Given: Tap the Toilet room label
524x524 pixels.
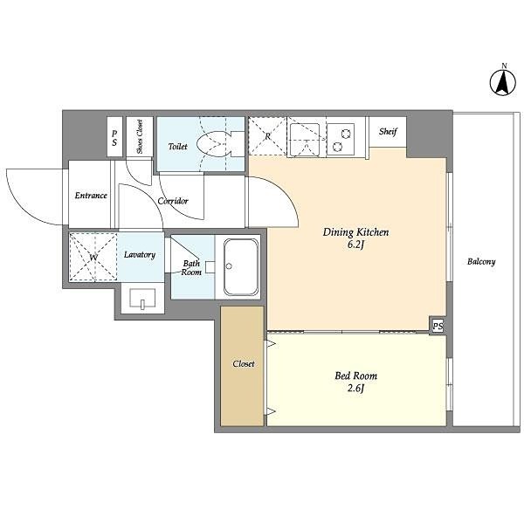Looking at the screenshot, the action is tap(177, 146).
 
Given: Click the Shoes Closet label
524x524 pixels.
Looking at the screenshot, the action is tap(140, 136).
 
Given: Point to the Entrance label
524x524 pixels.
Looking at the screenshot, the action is tap(91, 195).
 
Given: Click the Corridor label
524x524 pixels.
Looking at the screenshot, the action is tap(173, 201).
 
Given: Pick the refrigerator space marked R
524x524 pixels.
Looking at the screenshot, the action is tap(267, 135).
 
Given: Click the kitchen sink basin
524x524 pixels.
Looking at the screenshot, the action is tap(305, 140).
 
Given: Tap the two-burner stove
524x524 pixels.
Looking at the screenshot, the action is tap(341, 140).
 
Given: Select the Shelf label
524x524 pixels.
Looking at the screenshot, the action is tap(388, 131).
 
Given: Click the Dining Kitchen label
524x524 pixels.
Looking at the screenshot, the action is tap(355, 232).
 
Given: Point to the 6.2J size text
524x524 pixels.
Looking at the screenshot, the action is tap(355, 245).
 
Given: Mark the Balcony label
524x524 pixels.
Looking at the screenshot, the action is tap(481, 261).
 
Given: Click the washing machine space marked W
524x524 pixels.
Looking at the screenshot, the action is tap(93, 258).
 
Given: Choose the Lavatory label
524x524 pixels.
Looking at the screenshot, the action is tap(140, 255).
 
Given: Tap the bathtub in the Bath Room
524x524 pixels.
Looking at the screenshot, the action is tap(241, 266).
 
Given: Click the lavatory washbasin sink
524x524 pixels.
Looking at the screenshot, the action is tap(142, 298).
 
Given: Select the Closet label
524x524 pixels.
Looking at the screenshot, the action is tap(244, 363).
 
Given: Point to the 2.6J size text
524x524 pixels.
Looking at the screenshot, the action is tap(355, 389).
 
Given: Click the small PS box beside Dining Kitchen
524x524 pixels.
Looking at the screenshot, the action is tap(438, 326).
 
